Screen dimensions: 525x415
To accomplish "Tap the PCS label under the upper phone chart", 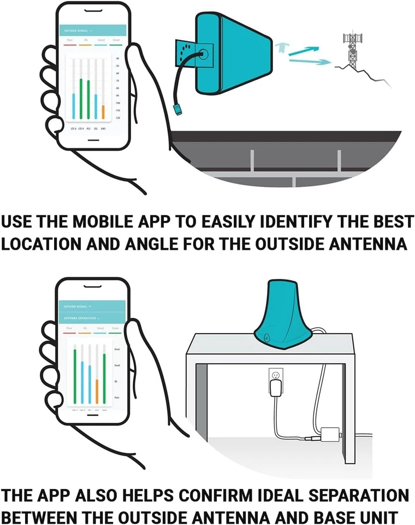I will (89, 129).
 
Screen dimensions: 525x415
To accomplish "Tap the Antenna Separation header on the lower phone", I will (81, 318).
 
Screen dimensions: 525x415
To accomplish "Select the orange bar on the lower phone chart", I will (97, 389).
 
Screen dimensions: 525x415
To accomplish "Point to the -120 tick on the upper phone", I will (117, 118).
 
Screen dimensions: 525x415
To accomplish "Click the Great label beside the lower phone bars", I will (117, 349).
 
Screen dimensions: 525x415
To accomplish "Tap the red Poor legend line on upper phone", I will (69, 45).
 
